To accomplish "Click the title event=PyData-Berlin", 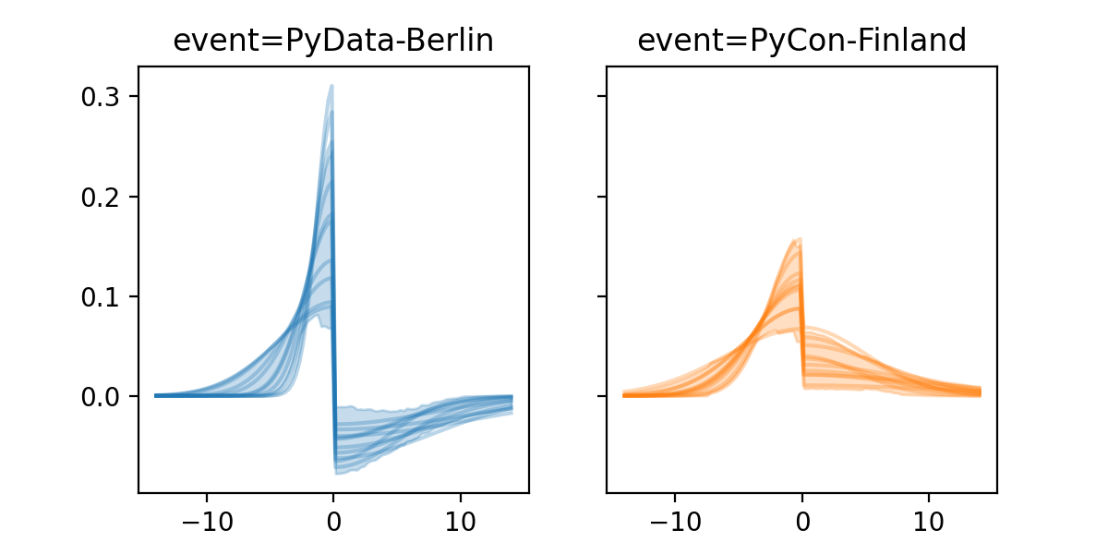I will pyautogui.click(x=333, y=41).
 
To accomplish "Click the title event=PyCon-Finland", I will pyautogui.click(x=801, y=41).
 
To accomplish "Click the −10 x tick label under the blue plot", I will pyautogui.click(x=206, y=519).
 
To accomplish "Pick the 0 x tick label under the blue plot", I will pyautogui.click(x=333, y=519).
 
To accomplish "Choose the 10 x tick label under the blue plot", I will pyautogui.click(x=461, y=519).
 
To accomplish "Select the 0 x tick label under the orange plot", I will pyautogui.click(x=801, y=519).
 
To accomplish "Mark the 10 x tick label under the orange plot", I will pyautogui.click(x=929, y=519).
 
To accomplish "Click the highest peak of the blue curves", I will pyautogui.click(x=331, y=86).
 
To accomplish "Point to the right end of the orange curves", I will pyautogui.click(x=980, y=392).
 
